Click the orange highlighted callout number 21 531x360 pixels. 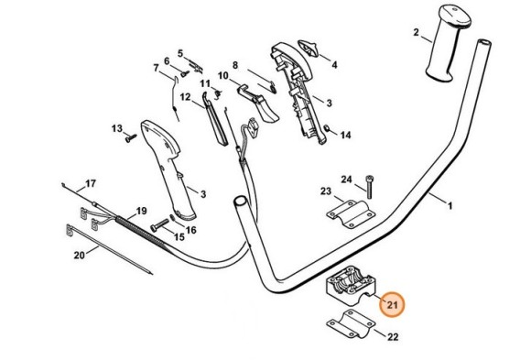[393, 304]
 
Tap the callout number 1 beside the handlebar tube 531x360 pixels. [450, 205]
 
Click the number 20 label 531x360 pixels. [79, 254]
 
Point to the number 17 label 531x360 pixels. [91, 184]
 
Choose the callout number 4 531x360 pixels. [334, 65]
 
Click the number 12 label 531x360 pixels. [184, 96]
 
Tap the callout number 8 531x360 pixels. [234, 65]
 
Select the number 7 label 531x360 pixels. [156, 67]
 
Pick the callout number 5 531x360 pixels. [180, 52]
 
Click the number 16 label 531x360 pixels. [191, 230]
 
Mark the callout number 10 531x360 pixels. [222, 75]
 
